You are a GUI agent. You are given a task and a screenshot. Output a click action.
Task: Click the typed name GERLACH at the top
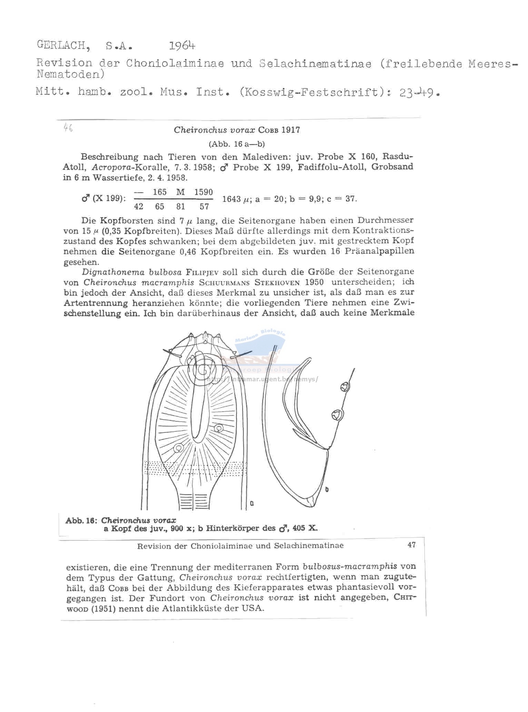click(x=61, y=45)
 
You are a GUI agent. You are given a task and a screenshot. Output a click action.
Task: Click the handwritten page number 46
click(x=68, y=128)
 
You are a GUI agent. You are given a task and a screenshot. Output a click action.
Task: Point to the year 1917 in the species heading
click(x=290, y=130)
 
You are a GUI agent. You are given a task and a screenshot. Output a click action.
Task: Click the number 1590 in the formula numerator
click(x=203, y=192)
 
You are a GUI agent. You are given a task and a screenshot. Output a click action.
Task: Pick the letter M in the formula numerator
click(x=180, y=192)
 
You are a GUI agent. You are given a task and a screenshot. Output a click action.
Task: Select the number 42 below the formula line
click(x=139, y=207)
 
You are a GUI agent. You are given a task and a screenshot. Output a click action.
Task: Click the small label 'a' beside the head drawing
click(x=252, y=503)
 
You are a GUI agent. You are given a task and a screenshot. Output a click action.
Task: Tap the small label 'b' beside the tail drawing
click(x=327, y=489)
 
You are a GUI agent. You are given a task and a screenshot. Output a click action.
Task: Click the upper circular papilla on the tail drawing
click(x=344, y=387)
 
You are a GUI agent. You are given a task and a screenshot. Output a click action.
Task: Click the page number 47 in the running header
click(x=411, y=545)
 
